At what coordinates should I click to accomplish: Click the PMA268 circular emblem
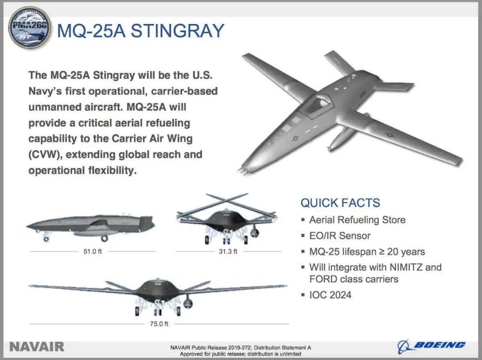(29, 29)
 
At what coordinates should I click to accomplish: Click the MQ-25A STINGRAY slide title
(140, 30)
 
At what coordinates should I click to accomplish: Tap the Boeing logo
(432, 344)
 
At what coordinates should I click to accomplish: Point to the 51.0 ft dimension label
(94, 251)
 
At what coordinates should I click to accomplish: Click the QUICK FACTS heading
(340, 203)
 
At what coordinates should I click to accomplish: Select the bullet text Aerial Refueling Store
(357, 220)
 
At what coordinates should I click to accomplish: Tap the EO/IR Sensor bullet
(340, 235)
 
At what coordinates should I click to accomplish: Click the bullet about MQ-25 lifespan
(367, 251)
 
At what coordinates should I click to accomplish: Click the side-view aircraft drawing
(91, 227)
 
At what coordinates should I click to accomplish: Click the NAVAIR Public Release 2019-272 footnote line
(240, 347)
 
